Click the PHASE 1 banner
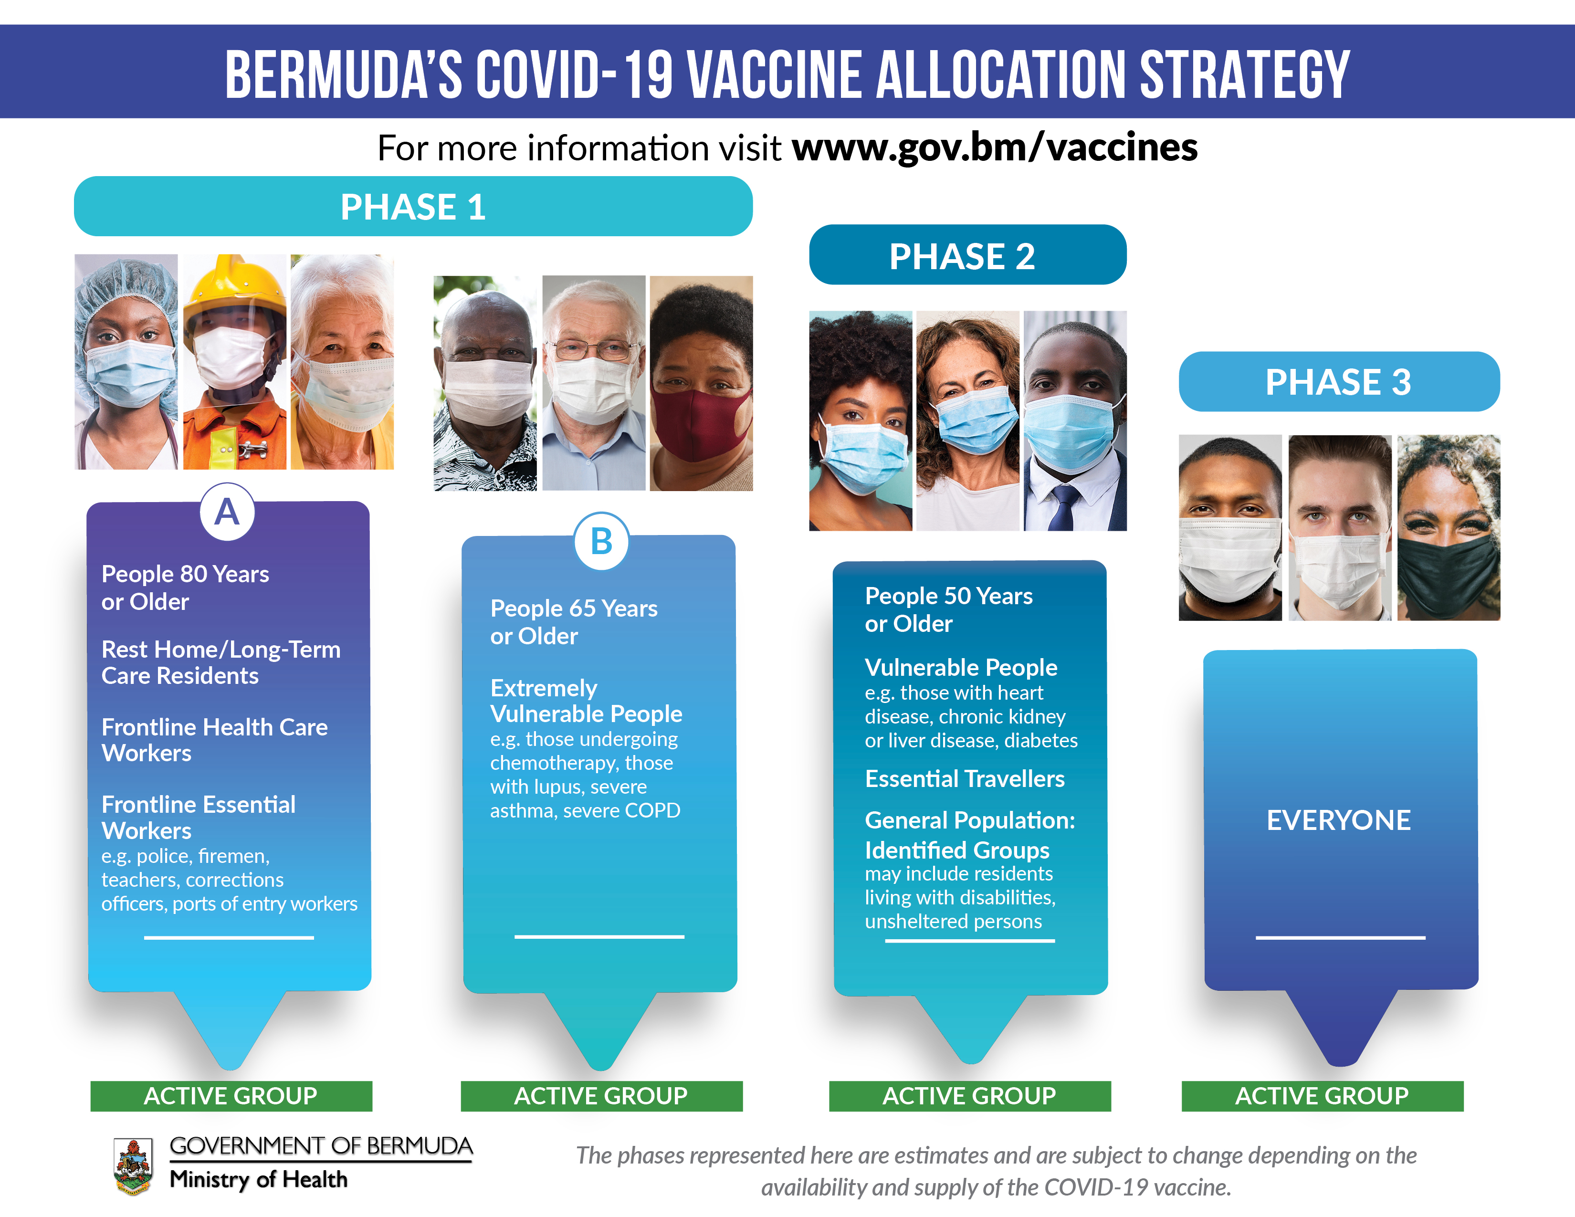413,206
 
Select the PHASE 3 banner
1339,381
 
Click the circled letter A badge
227,512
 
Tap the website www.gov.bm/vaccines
995,148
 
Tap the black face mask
1448,575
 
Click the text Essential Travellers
964,779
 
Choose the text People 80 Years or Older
185,588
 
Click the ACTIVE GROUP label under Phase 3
1322,1096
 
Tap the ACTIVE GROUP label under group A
231,1096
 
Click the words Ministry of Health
259,1179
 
